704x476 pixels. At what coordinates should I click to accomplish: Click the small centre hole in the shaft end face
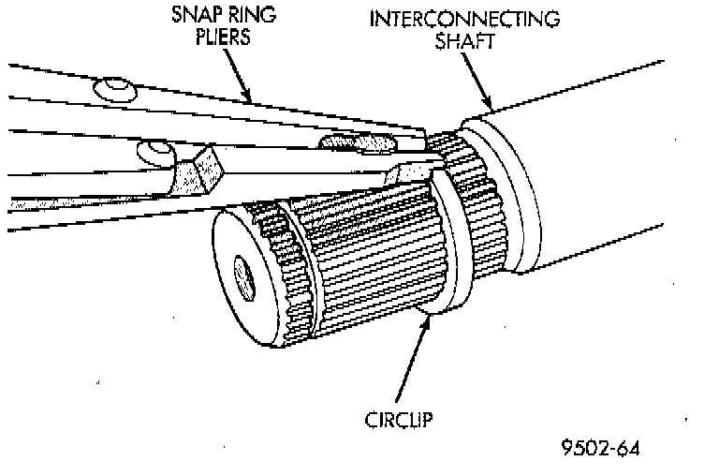246,277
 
